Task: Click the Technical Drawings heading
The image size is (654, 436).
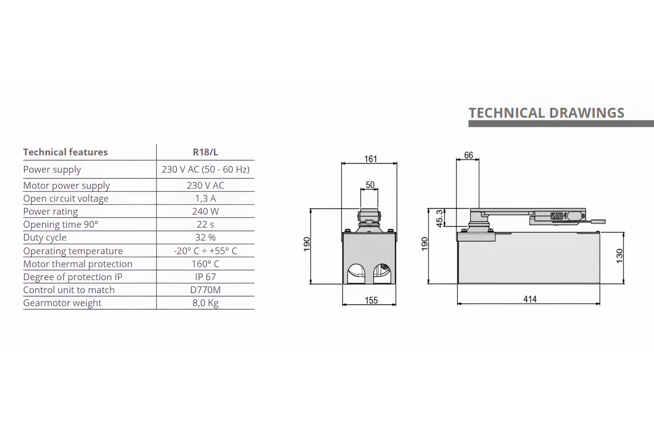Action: point(546,113)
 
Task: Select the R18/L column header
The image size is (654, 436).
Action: point(205,152)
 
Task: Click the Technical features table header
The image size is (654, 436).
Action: point(65,152)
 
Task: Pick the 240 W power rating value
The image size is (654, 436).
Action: point(205,211)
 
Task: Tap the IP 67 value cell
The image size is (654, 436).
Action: point(205,277)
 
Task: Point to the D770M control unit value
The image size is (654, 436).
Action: point(205,290)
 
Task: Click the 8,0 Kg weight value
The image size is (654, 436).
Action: point(205,303)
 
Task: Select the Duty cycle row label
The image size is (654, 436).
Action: point(45,238)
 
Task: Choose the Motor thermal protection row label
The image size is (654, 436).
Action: point(78,264)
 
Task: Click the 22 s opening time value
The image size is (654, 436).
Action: point(205,224)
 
